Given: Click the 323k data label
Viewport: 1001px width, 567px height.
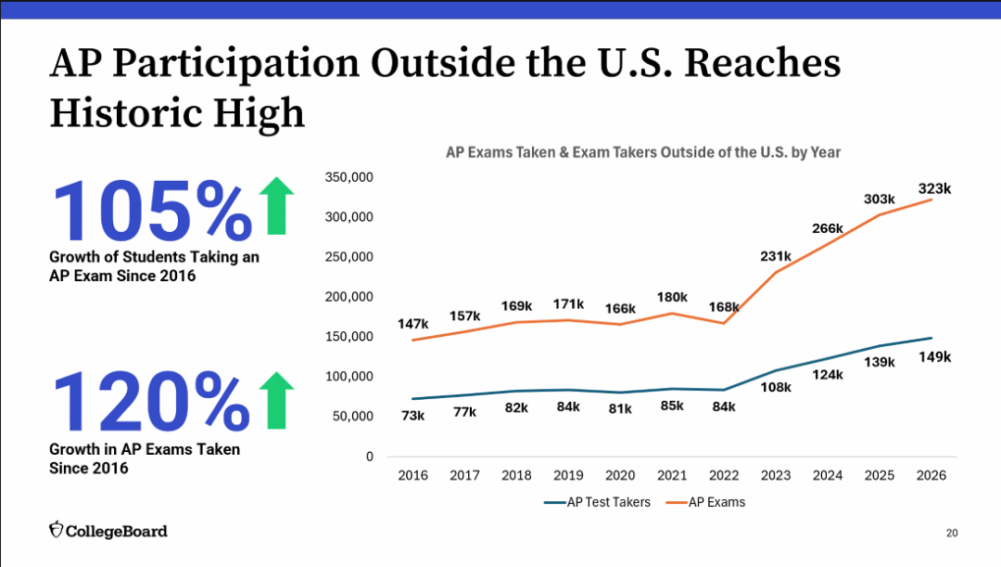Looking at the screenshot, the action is click(x=934, y=188).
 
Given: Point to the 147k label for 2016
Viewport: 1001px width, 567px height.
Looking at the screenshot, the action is click(x=413, y=324).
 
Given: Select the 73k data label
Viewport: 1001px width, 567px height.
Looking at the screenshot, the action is click(x=413, y=416).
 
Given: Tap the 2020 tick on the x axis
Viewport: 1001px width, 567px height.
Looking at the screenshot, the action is click(x=620, y=475).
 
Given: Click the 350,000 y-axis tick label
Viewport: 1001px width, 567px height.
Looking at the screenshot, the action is click(x=349, y=177).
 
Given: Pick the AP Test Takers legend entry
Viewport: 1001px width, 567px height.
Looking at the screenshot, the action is click(x=598, y=502).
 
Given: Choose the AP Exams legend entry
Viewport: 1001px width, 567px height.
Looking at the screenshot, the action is click(x=705, y=502).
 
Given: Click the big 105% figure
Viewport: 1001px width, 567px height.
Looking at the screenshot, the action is click(x=152, y=211).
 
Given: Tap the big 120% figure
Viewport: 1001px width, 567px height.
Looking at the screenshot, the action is click(x=151, y=401).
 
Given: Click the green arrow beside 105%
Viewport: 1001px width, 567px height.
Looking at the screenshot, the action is click(x=276, y=205).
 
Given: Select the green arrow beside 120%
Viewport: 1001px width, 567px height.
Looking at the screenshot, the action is click(x=276, y=400).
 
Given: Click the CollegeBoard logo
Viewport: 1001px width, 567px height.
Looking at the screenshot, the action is click(x=108, y=531).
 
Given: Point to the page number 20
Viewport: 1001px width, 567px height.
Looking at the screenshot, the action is click(x=952, y=533).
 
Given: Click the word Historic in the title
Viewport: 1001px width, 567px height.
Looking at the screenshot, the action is click(x=126, y=113).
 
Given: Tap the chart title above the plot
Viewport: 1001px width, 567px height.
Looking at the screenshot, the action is click(x=643, y=152).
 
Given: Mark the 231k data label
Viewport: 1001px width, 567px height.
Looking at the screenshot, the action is click(x=776, y=256).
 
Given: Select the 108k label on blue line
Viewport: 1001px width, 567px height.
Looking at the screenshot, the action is click(x=776, y=387).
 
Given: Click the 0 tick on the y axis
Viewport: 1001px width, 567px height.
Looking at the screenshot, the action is click(x=370, y=457).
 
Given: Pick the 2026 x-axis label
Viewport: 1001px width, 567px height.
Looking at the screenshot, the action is click(x=931, y=475).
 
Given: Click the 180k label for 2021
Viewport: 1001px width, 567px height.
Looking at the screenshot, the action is click(x=672, y=297).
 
